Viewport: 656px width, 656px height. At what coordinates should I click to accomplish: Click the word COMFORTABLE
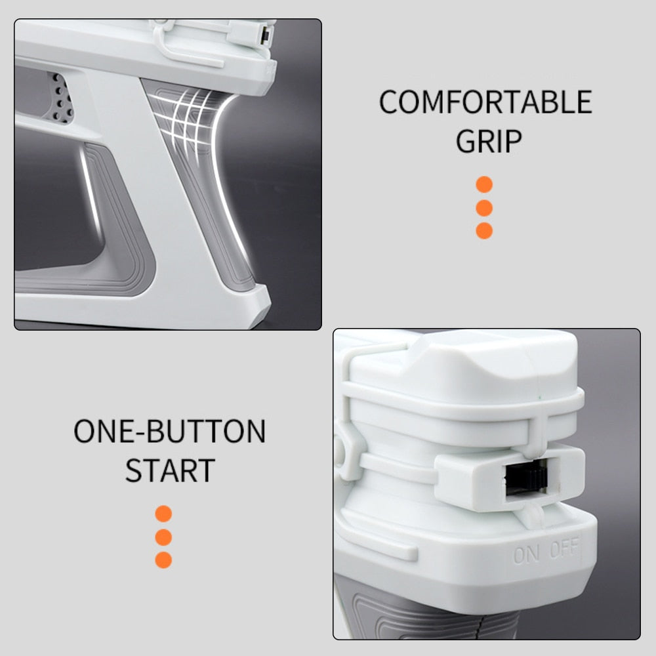pos(485,102)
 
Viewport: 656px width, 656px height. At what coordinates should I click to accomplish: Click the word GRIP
pos(489,141)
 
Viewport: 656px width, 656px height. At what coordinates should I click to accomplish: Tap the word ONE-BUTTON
pos(169,431)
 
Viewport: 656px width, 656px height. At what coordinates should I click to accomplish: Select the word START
pos(170,470)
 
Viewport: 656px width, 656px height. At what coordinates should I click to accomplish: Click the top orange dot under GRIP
pos(484,184)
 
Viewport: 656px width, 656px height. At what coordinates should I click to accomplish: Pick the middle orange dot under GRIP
pos(484,208)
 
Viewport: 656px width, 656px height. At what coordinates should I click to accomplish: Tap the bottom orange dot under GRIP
pos(484,230)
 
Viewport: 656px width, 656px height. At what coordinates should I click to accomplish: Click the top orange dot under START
pos(163,514)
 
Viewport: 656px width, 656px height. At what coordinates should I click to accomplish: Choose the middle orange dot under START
pos(163,537)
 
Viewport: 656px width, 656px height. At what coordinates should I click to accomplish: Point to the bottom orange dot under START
pos(163,560)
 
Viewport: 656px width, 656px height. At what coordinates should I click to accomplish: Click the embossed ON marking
pos(526,555)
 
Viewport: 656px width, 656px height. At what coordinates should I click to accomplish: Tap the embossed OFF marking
pos(564,547)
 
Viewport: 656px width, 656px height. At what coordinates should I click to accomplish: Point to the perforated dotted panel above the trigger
pos(60,98)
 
